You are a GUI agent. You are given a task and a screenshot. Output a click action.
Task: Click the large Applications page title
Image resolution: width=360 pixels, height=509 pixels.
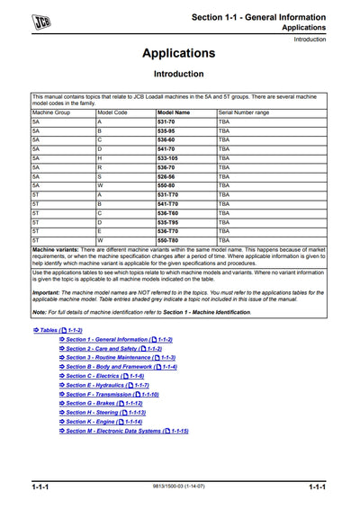[x=178, y=53]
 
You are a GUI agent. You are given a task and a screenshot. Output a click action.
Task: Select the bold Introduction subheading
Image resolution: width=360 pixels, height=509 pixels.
[x=178, y=74]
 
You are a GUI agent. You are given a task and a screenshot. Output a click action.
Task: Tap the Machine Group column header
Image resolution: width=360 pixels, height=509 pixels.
[x=50, y=112]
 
